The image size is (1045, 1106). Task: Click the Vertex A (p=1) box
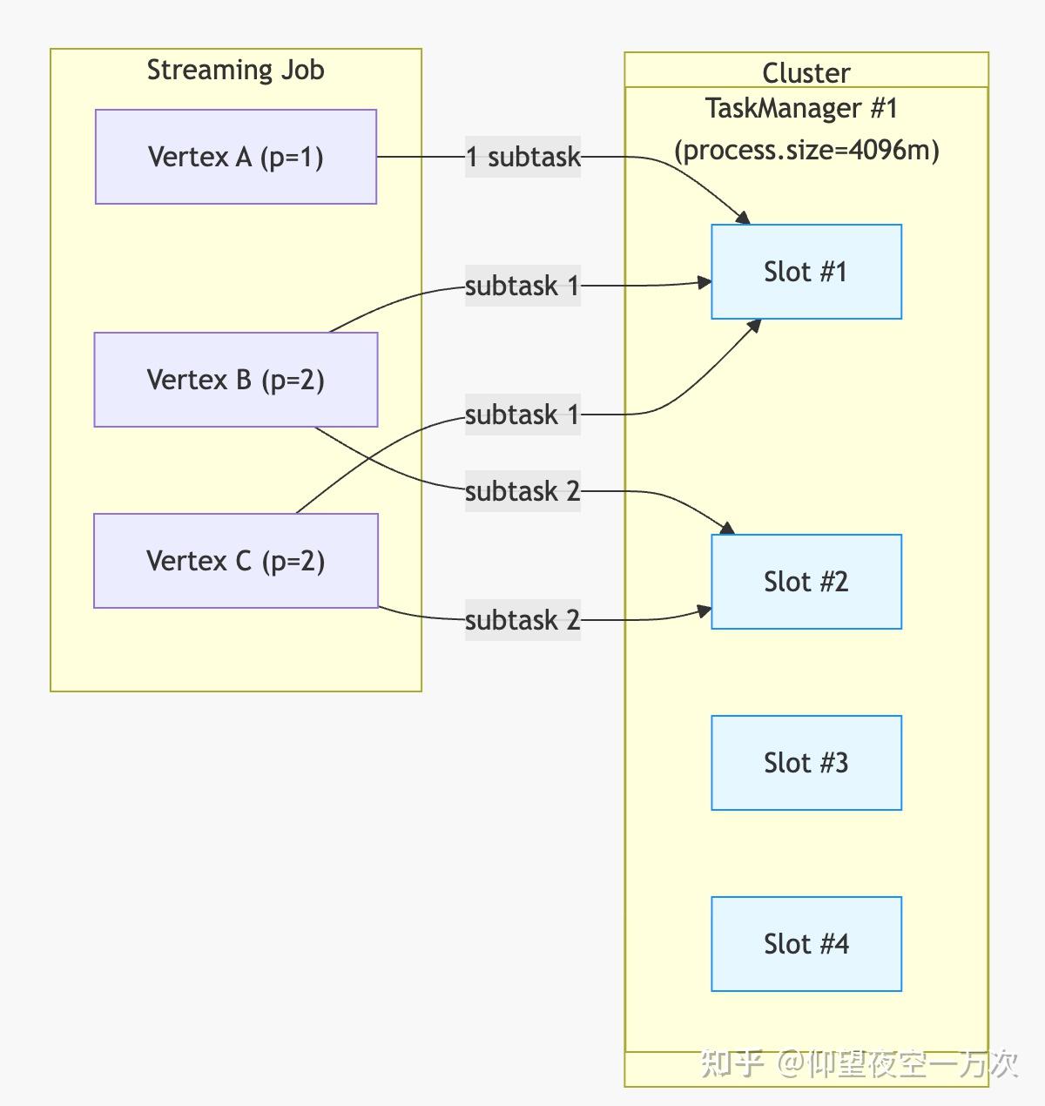click(235, 157)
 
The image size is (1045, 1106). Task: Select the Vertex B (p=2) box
click(235, 380)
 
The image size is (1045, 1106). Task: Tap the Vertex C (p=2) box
click(235, 561)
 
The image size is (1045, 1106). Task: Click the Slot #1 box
click(806, 272)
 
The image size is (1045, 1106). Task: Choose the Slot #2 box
click(806, 582)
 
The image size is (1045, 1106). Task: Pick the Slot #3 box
click(806, 763)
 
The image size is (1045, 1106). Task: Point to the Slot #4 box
click(806, 944)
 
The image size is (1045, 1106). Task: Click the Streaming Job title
click(235, 70)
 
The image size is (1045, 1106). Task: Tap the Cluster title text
click(806, 73)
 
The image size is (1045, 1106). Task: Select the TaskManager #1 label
click(801, 109)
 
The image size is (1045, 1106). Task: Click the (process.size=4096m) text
click(806, 150)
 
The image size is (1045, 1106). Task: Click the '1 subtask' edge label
click(522, 157)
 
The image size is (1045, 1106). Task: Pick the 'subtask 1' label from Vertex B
click(522, 286)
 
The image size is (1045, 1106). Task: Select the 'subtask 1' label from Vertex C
click(522, 415)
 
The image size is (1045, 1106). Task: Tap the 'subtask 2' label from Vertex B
click(522, 491)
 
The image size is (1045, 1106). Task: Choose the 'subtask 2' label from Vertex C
click(522, 620)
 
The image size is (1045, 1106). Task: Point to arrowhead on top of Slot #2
click(728, 528)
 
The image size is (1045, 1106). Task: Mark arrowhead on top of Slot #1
click(743, 218)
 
